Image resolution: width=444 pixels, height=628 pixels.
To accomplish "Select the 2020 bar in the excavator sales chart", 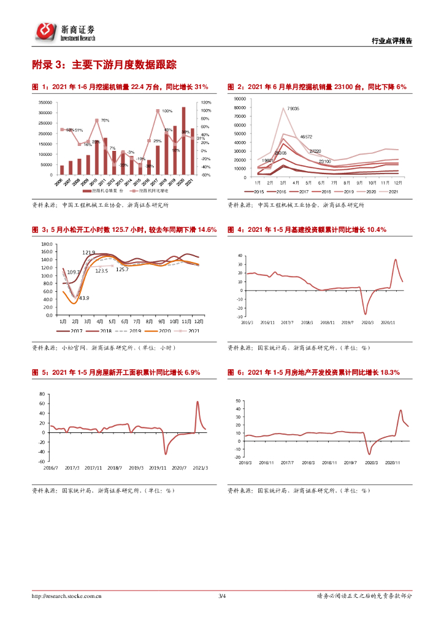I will pos(183,141).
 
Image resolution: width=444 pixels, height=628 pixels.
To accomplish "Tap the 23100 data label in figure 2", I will pos(326,161).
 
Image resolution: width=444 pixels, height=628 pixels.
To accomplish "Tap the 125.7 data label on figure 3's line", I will pos(122,269).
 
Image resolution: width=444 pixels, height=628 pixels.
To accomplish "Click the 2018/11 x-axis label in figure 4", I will pos(328,322).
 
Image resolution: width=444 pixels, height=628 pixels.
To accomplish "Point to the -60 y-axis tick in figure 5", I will pos(42,461).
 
